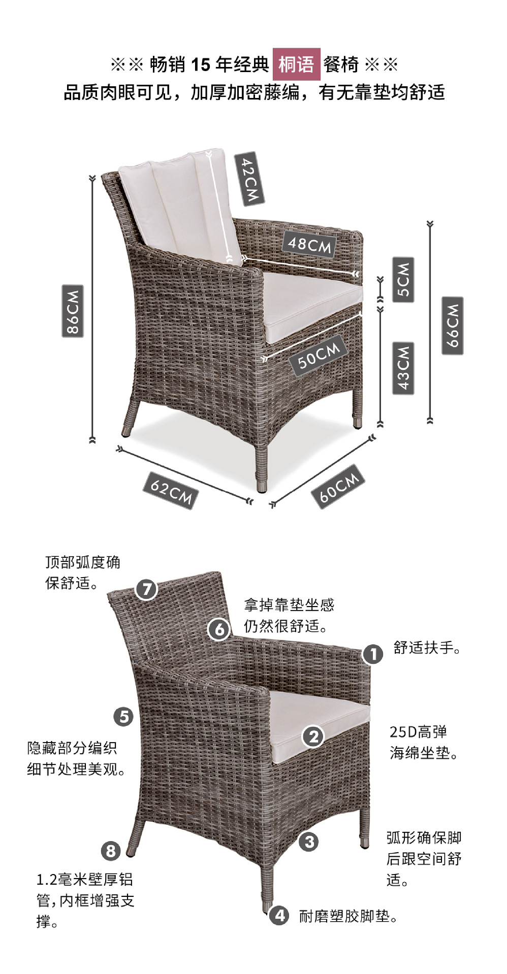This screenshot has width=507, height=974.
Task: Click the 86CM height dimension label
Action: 73,311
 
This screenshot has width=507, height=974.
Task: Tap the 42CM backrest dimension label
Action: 249,179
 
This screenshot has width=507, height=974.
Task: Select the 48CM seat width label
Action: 309,244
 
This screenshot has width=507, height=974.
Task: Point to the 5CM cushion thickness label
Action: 403,280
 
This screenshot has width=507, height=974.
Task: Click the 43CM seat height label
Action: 403,368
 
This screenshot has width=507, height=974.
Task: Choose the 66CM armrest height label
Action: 452,325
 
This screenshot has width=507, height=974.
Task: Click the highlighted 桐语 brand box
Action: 297,64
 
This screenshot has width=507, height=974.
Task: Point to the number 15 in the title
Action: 201,64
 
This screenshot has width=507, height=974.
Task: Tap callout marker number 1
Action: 373,654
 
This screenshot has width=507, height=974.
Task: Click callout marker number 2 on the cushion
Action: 313,736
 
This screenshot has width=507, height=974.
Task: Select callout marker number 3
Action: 309,842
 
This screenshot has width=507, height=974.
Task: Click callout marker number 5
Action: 123,717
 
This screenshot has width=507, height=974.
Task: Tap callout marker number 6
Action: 219,629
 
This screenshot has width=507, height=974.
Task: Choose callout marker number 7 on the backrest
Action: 147,589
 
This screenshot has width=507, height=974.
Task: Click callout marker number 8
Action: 111,850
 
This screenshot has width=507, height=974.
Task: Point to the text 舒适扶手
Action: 426,648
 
